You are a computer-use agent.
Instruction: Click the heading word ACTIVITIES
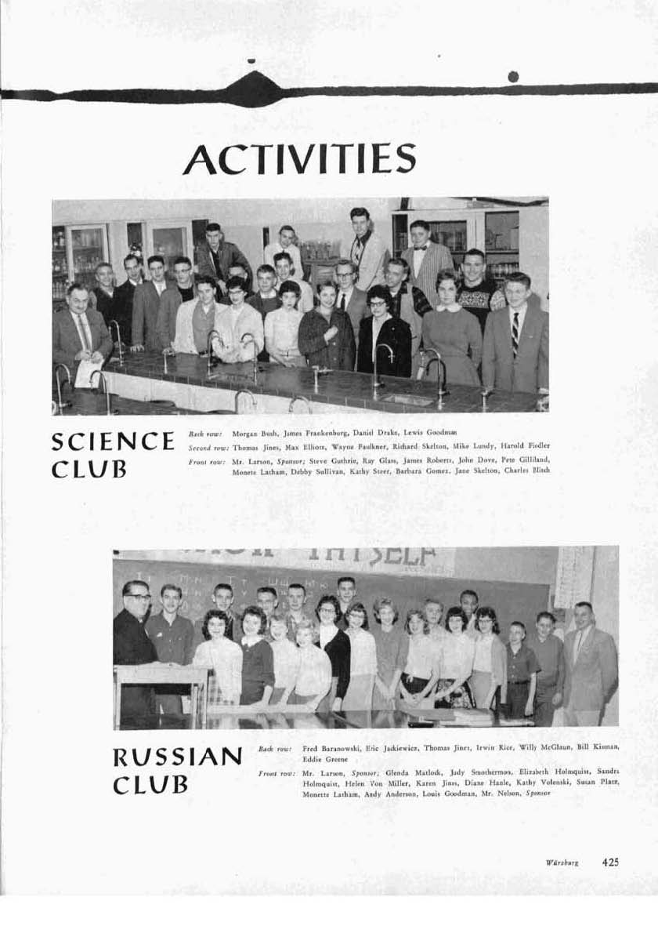click(x=299, y=159)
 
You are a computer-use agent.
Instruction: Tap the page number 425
click(x=610, y=862)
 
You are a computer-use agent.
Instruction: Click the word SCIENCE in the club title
click(x=113, y=441)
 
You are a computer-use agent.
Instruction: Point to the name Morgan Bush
click(x=253, y=433)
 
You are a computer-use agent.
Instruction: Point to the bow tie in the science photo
click(x=419, y=249)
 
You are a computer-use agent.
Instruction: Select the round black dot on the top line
click(x=513, y=76)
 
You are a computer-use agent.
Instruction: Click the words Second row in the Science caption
click(x=206, y=446)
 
